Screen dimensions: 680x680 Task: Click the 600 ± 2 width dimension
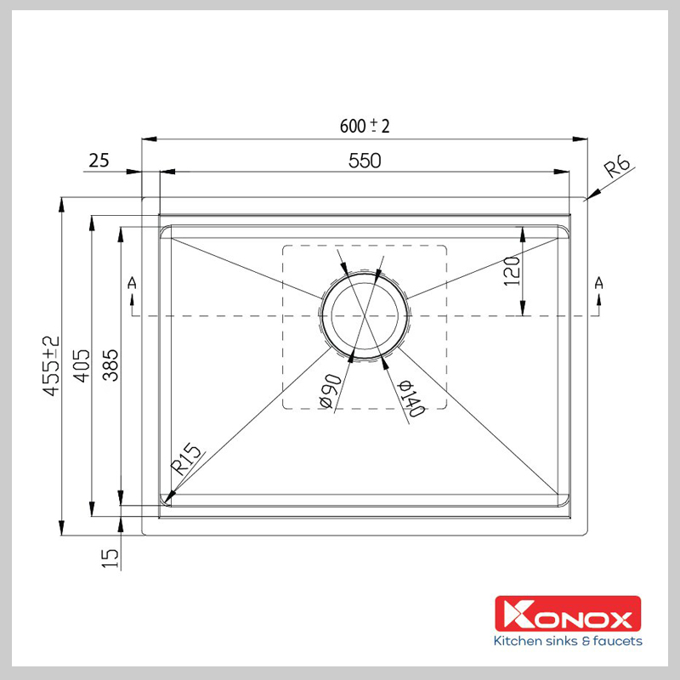365,126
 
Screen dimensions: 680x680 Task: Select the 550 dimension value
365,160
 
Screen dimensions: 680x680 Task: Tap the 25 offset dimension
99,160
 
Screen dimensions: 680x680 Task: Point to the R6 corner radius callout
618,167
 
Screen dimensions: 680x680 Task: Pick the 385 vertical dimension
111,365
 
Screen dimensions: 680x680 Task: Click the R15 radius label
186,460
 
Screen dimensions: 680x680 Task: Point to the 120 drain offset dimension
512,271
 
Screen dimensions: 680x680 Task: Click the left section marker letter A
131,282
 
